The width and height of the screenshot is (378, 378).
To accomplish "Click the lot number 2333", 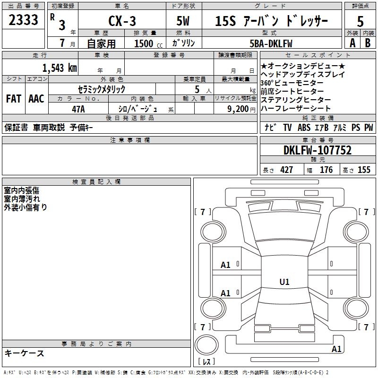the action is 23,20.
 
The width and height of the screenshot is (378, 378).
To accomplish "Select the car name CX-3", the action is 122,21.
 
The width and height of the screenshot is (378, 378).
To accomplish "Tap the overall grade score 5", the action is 360,21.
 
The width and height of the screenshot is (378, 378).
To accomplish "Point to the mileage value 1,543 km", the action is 60,68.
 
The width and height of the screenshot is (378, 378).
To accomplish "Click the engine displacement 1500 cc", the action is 148,43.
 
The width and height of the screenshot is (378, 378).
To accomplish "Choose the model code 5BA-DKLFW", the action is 271,43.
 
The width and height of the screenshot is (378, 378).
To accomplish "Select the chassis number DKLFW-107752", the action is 318,150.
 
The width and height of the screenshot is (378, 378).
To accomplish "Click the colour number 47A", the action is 78,109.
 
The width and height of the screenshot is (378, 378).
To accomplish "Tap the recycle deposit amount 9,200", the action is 238,109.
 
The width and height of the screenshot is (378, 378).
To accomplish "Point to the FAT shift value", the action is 14,99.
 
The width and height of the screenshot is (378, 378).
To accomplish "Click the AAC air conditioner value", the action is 36,99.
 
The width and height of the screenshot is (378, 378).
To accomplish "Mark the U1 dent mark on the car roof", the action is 284,282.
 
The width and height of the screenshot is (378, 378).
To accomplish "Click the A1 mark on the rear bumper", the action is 336,349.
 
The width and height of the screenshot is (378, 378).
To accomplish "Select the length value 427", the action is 287,170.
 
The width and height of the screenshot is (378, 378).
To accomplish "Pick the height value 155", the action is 364,170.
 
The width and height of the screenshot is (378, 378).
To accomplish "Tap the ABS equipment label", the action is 304,127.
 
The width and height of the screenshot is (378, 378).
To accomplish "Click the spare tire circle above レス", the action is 206,345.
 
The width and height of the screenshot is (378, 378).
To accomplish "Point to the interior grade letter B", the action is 368,43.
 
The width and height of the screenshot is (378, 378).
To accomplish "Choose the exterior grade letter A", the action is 352,43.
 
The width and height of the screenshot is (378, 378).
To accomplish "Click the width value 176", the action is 326,170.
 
